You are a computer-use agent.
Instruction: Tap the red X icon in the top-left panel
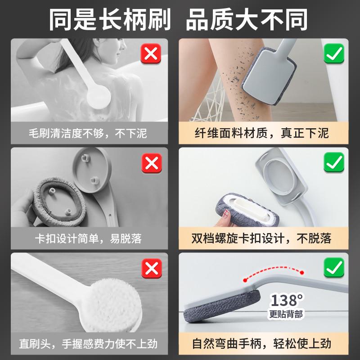pos(152,55)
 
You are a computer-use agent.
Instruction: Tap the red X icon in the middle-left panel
pos(152,163)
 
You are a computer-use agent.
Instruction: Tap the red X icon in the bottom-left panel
pos(152,269)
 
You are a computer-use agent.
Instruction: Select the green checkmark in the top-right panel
pos(333,55)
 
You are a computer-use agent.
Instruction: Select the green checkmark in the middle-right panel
pos(333,163)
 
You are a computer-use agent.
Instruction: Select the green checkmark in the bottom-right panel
pos(333,269)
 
